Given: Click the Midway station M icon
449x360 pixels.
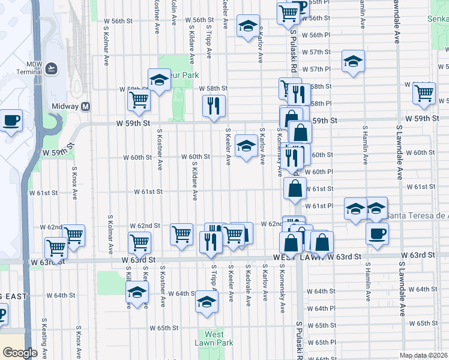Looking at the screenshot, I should pyautogui.click(x=86, y=106).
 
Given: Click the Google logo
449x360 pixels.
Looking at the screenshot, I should pyautogui.click(x=19, y=353).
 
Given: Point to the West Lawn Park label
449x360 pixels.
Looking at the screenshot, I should pyautogui.click(x=214, y=338).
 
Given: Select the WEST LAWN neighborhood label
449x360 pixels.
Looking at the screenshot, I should pyautogui.click(x=300, y=257).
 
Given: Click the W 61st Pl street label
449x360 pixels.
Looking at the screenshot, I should pyautogui.click(x=322, y=206).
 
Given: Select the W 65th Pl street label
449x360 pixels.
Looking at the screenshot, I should pyautogui.click(x=326, y=341).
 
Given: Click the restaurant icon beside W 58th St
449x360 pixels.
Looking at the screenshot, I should pyautogui.click(x=214, y=106).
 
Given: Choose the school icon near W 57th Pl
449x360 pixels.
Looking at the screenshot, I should pyautogui.click(x=354, y=61).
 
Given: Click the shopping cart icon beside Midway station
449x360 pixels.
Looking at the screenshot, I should pyautogui.click(x=139, y=100).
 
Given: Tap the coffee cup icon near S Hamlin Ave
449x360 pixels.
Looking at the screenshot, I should pyautogui.click(x=377, y=234).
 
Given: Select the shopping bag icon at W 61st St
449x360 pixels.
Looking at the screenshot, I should pyautogui.click(x=295, y=188).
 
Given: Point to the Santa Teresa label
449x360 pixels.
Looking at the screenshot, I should pyautogui.click(x=416, y=215).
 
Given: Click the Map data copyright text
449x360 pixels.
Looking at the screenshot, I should pyautogui.click(x=424, y=355).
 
